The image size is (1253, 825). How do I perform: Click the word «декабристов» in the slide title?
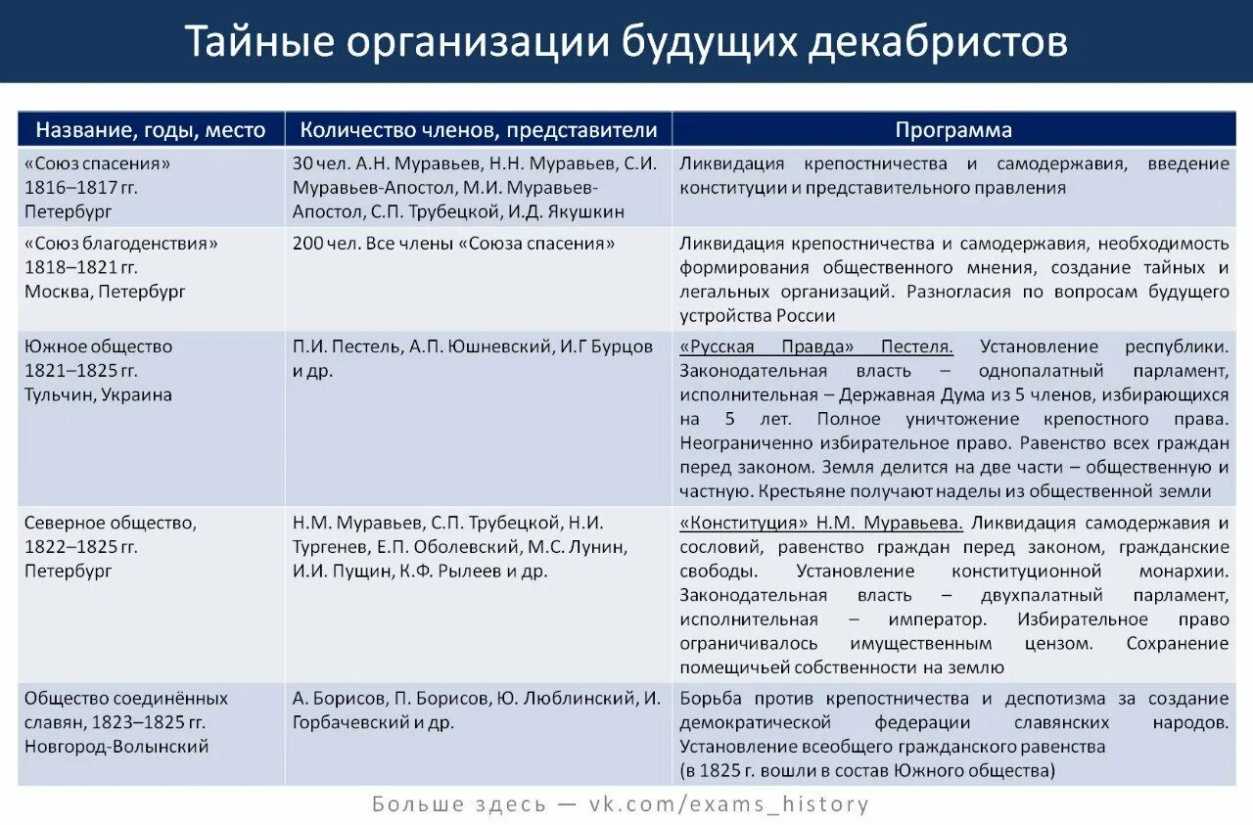(938, 41)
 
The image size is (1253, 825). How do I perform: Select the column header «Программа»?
(953, 130)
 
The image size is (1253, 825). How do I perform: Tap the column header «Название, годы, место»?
(151, 130)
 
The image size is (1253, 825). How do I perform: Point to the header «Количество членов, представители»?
(479, 130)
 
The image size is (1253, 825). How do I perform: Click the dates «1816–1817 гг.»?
(81, 187)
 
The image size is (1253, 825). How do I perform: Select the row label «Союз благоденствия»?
(120, 244)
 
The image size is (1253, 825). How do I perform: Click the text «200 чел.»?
(327, 244)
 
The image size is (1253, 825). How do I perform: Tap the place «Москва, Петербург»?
(105, 292)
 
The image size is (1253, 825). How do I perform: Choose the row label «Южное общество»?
(99, 346)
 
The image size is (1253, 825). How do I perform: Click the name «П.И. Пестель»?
(347, 346)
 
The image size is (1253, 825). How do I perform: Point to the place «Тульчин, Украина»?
(98, 394)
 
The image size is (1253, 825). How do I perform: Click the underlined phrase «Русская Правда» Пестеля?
(816, 346)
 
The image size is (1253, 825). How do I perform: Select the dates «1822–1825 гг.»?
(81, 546)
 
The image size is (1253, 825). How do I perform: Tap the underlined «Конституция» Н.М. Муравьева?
(821, 523)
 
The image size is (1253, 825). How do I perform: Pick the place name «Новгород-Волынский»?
(116, 746)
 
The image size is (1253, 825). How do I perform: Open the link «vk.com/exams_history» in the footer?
(729, 804)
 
